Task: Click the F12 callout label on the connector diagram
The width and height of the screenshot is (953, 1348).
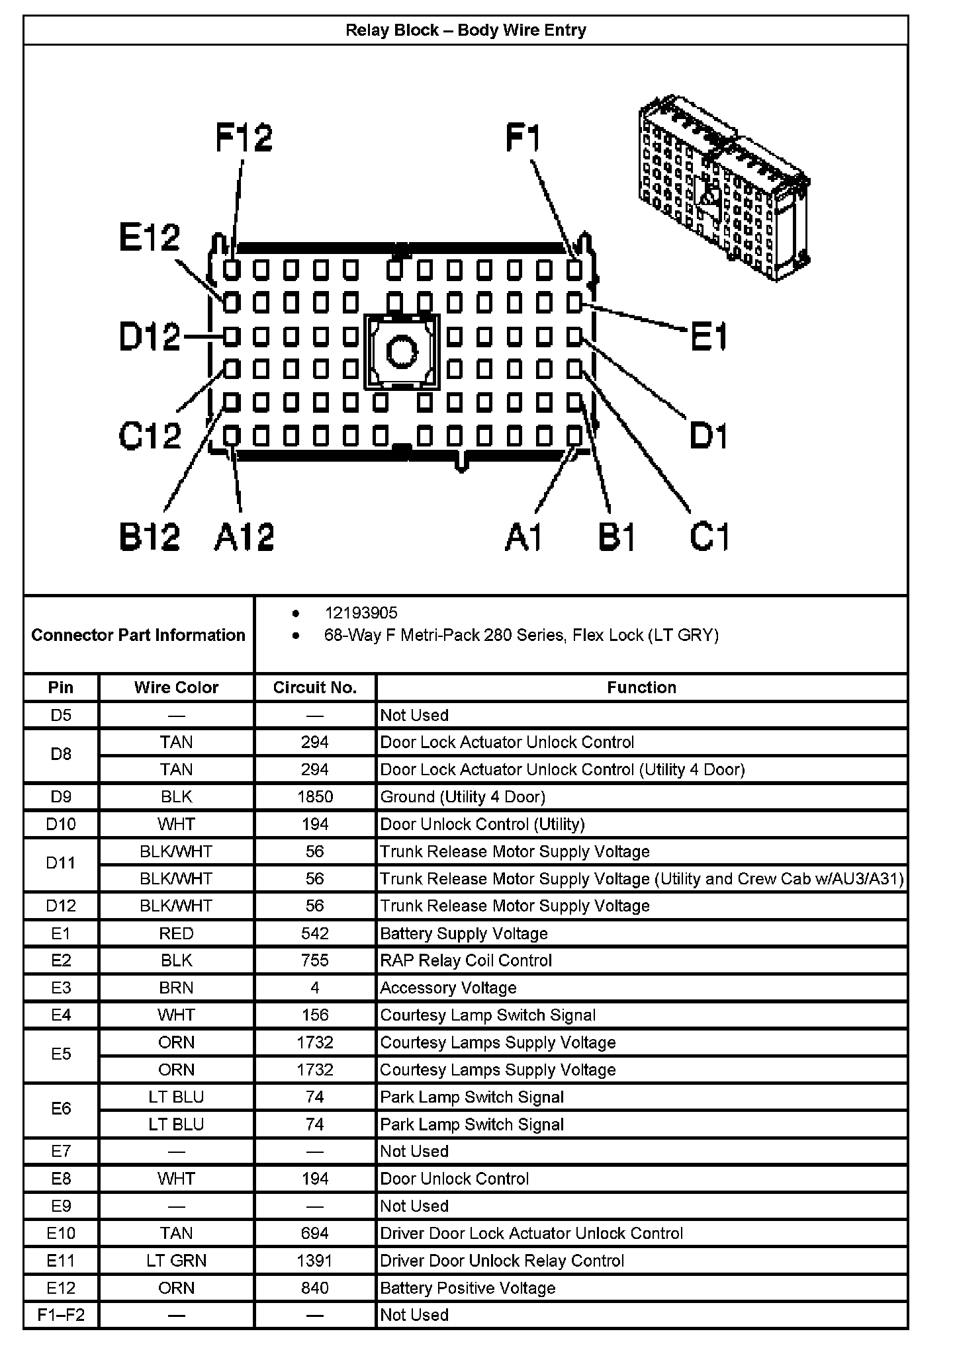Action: pyautogui.click(x=244, y=138)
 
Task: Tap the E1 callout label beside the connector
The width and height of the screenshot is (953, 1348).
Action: pyautogui.click(x=708, y=337)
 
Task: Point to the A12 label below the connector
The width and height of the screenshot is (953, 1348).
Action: pyautogui.click(x=244, y=536)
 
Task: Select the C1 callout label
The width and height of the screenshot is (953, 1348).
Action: pyautogui.click(x=709, y=536)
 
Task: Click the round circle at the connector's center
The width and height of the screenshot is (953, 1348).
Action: pyautogui.click(x=401, y=351)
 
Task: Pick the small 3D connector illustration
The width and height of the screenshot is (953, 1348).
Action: pyautogui.click(x=724, y=189)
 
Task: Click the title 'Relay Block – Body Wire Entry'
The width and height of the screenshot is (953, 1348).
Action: pyautogui.click(x=465, y=30)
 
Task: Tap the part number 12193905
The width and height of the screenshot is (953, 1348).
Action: pyautogui.click(x=361, y=613)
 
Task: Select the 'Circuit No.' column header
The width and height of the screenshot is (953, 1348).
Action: pyautogui.click(x=314, y=687)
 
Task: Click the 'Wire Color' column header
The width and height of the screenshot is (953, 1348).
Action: pyautogui.click(x=176, y=687)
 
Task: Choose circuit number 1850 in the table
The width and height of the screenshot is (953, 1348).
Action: pyautogui.click(x=314, y=796)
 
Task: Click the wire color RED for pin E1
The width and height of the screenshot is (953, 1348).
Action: pyautogui.click(x=176, y=933)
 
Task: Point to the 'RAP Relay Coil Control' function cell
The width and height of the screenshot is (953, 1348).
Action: pyautogui.click(x=466, y=960)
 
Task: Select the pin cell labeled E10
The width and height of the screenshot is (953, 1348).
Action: pyautogui.click(x=61, y=1233)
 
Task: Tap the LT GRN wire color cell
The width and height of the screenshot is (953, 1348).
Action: pyautogui.click(x=176, y=1261)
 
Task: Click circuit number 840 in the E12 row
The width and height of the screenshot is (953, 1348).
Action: pyautogui.click(x=314, y=1288)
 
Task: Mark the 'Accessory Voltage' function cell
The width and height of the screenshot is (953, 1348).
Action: pyautogui.click(x=448, y=988)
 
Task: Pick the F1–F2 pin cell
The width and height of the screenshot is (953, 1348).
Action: pyautogui.click(x=61, y=1315)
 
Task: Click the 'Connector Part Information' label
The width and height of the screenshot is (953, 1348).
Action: pyautogui.click(x=138, y=635)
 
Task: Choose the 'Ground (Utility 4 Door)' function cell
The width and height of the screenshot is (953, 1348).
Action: pyautogui.click(x=463, y=796)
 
